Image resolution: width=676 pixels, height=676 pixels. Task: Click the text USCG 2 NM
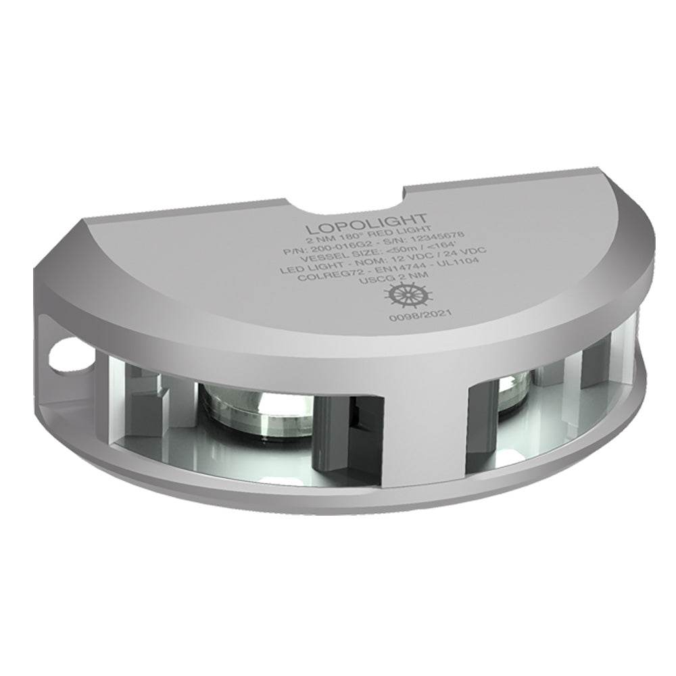pos(398,276)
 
